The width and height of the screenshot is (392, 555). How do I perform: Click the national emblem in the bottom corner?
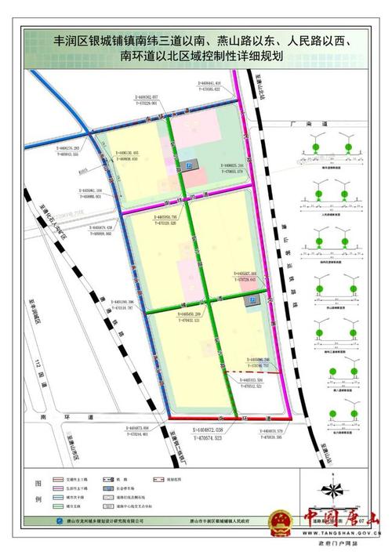pos(278,521)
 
